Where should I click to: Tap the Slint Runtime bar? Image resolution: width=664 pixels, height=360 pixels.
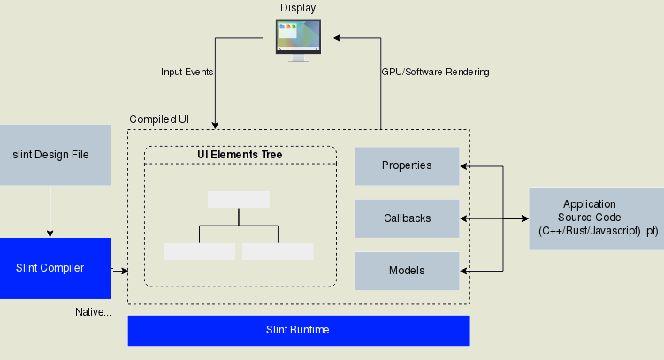(x=298, y=330)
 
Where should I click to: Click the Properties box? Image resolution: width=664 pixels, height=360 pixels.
(x=407, y=165)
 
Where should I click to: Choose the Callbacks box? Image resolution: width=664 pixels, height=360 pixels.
(x=407, y=218)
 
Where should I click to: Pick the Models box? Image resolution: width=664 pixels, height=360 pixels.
(x=407, y=271)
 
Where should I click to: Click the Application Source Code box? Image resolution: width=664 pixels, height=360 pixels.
(x=595, y=218)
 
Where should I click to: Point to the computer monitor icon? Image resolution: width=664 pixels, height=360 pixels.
(x=298, y=40)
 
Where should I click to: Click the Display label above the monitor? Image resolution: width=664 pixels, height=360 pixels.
(x=298, y=8)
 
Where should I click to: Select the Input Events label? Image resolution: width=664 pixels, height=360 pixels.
(x=187, y=72)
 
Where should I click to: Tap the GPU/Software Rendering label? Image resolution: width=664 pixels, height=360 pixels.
(x=435, y=72)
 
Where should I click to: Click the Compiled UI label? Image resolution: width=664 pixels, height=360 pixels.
(x=159, y=119)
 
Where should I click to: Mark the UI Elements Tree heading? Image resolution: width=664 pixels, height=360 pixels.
(x=240, y=155)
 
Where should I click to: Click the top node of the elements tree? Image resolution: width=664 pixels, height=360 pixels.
(x=239, y=199)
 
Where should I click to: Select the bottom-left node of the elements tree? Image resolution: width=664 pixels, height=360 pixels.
(x=199, y=251)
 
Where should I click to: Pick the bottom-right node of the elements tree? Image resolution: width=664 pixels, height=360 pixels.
(x=278, y=251)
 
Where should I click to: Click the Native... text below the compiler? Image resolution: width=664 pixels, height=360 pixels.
(x=93, y=312)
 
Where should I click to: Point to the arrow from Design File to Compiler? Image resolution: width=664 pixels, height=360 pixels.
(x=50, y=211)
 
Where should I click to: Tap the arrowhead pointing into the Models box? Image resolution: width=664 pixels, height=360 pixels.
(x=465, y=271)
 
